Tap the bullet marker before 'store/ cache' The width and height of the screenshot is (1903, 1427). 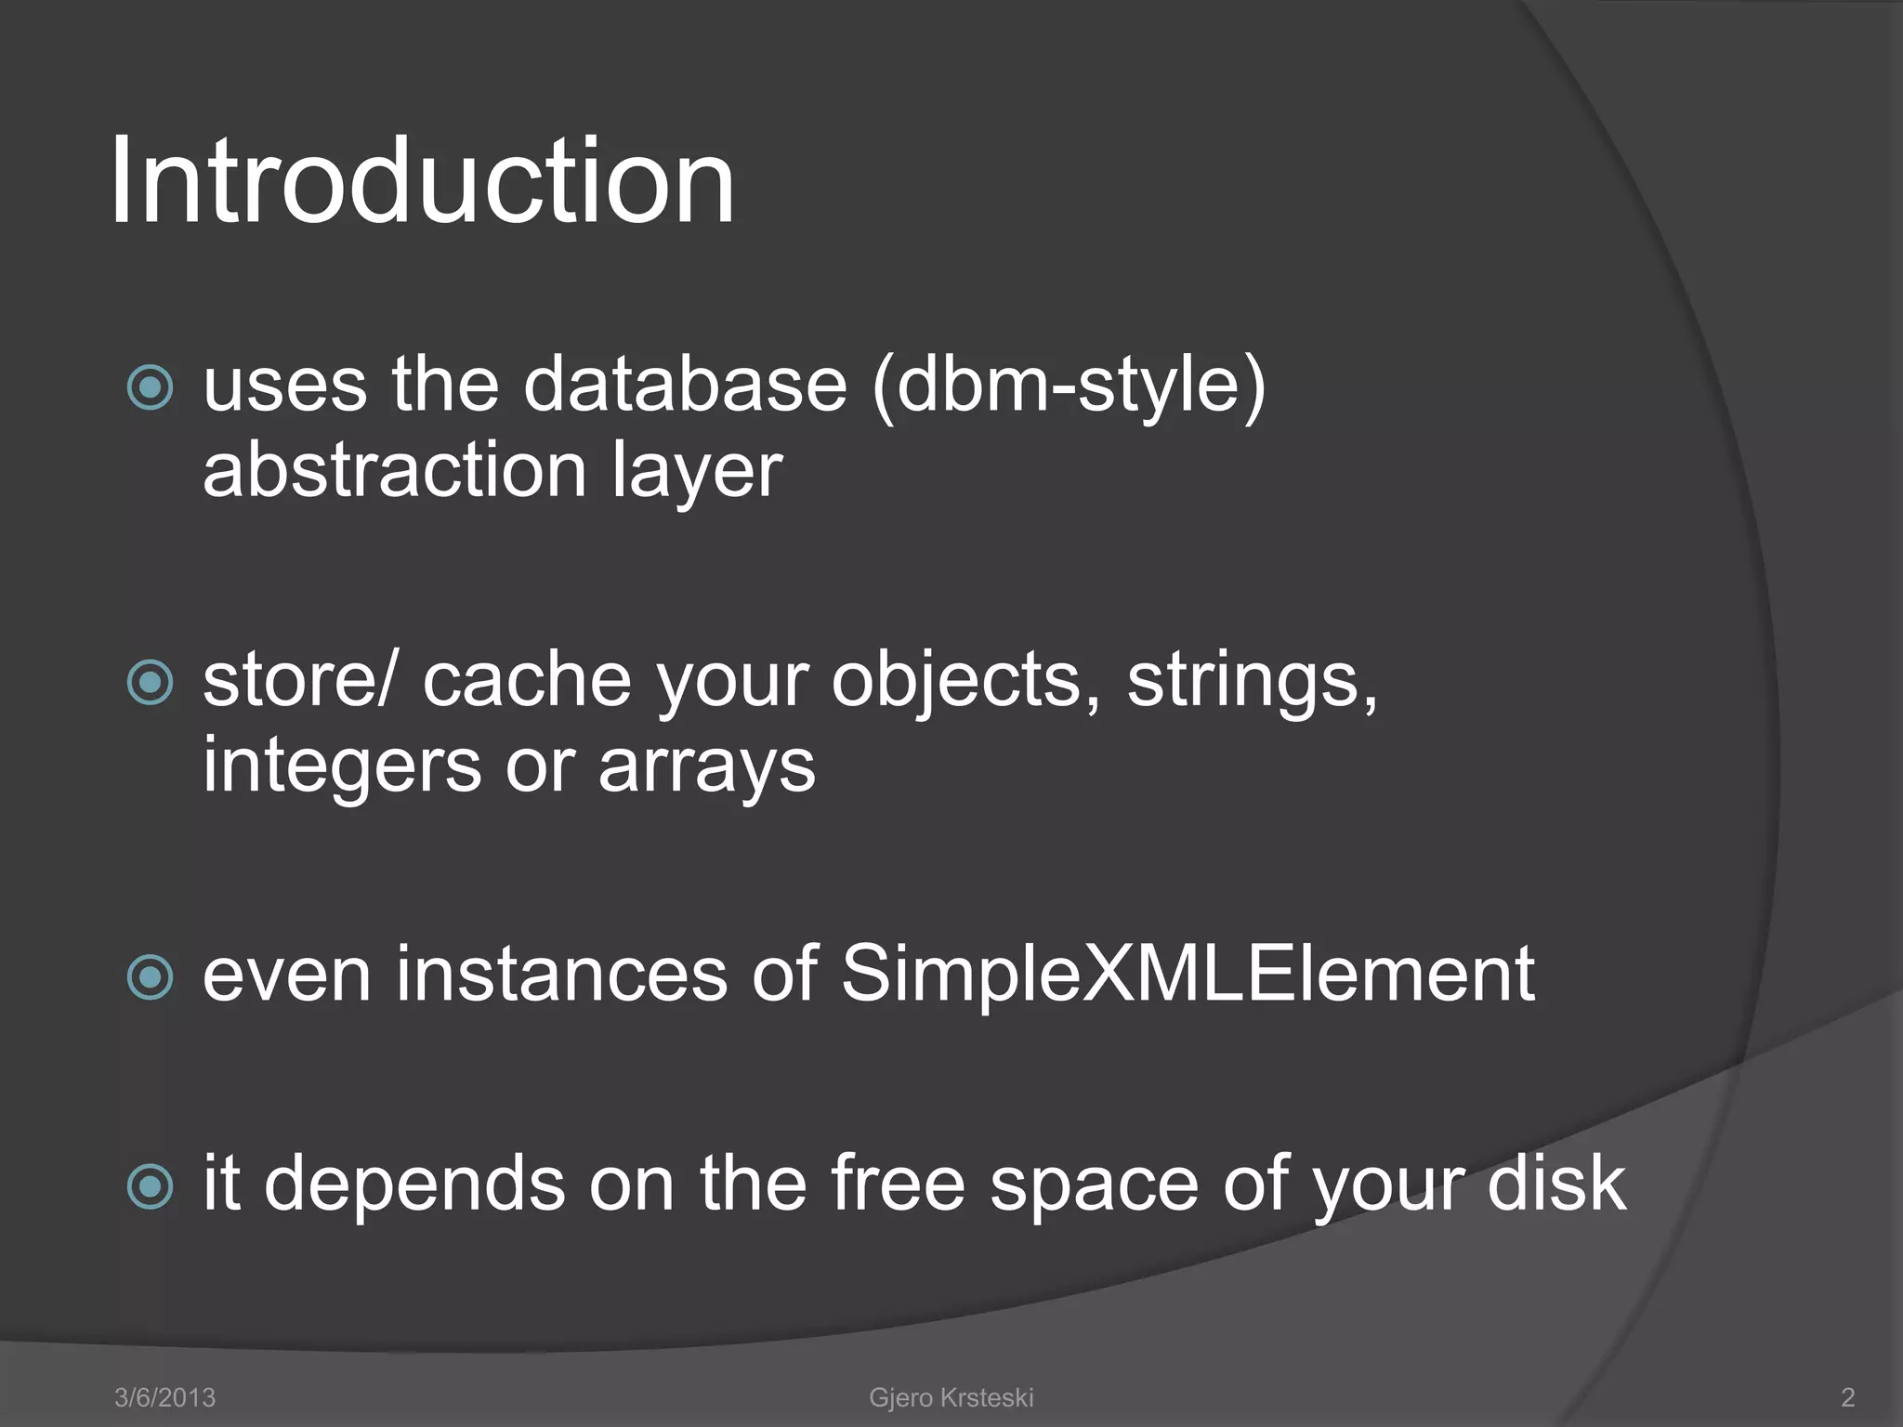[x=150, y=683]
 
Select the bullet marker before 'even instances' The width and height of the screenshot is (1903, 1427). [x=150, y=976]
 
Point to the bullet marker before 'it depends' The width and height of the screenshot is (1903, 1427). [x=150, y=1185]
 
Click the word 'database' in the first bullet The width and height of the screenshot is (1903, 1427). [x=686, y=385]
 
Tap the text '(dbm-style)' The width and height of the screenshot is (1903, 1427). [x=1069, y=386]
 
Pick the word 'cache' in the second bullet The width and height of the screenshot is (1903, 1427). [x=527, y=681]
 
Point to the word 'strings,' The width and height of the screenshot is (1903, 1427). [x=1253, y=681]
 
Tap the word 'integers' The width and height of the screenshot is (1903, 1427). [x=342, y=767]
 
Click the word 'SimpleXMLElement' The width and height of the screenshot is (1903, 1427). [x=1188, y=975]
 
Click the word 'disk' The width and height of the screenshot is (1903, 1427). [x=1556, y=1184]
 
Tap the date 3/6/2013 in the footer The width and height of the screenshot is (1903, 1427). [x=164, y=1397]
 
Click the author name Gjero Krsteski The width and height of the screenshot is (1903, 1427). [x=951, y=1397]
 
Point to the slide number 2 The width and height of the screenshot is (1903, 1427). [x=1847, y=1397]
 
